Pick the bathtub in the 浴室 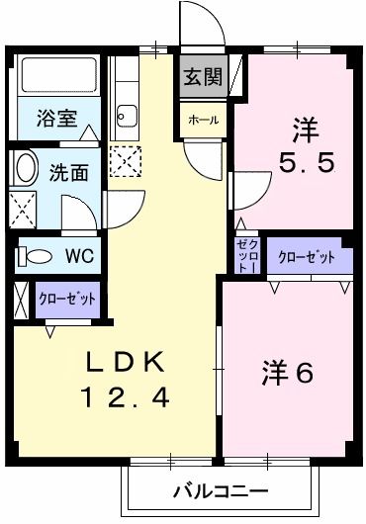(x=55, y=75)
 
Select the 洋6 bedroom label (x=288, y=373)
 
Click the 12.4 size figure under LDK (x=125, y=397)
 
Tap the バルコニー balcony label (x=220, y=490)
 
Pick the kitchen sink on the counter (x=127, y=117)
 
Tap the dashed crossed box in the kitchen (x=125, y=159)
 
